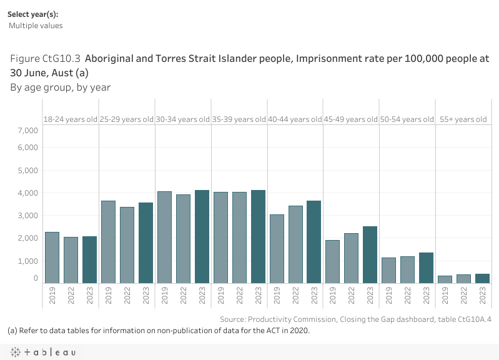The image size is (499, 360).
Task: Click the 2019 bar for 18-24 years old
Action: [52, 257]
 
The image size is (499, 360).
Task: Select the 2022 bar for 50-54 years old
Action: [408, 269]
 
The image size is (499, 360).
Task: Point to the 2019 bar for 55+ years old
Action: [445, 279]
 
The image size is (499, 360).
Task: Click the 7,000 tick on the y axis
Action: [29, 130]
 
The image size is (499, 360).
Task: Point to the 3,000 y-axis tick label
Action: [29, 216]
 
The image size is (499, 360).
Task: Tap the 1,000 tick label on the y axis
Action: [29, 261]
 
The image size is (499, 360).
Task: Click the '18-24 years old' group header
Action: [71, 119]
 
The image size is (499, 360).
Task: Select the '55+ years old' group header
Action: [463, 119]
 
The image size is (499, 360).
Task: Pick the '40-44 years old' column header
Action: [295, 119]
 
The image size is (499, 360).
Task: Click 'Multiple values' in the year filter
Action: [36, 26]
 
